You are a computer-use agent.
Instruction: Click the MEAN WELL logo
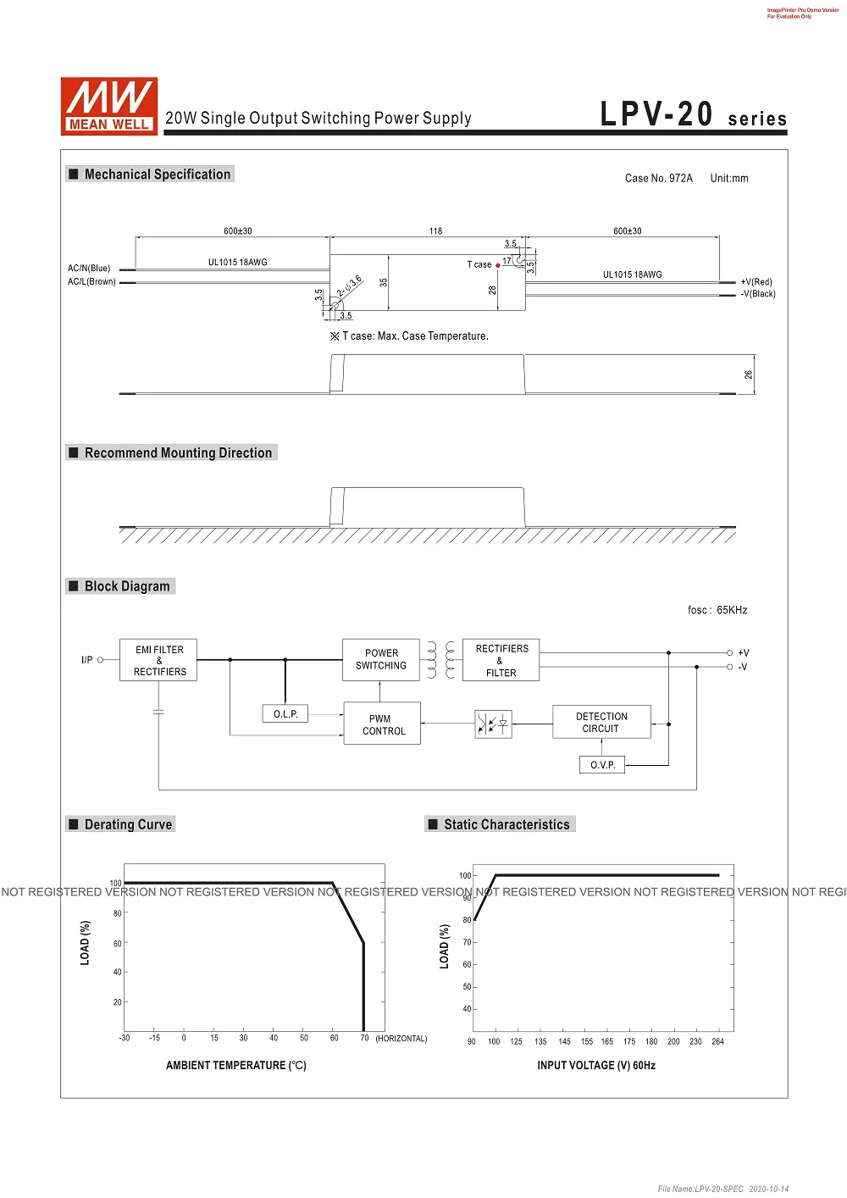coord(108,106)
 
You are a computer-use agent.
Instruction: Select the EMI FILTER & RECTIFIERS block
coord(158,661)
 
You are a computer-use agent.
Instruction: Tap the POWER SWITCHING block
coord(381,660)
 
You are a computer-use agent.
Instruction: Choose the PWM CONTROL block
coord(382,724)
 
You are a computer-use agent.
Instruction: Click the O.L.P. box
coord(285,714)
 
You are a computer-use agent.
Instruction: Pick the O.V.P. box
coord(602,765)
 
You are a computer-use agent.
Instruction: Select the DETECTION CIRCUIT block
coord(601,723)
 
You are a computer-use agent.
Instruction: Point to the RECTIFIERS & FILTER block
coord(501,661)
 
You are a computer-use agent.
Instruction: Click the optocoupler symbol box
coord(493,724)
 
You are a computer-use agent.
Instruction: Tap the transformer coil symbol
coord(440,661)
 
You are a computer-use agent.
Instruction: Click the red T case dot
coord(498,265)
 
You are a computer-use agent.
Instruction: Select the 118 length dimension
coord(435,230)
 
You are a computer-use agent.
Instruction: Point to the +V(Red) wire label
coord(756,282)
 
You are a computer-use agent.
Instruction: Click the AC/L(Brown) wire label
coord(91,282)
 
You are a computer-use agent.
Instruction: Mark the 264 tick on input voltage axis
coord(717,1041)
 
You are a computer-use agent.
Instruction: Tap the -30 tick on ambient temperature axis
coord(125,1038)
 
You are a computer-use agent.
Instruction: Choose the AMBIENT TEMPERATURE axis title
coord(235,1065)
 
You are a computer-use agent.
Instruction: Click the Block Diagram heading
coord(127,586)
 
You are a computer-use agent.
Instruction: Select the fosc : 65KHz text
coord(717,610)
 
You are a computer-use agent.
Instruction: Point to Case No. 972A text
coord(658,178)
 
